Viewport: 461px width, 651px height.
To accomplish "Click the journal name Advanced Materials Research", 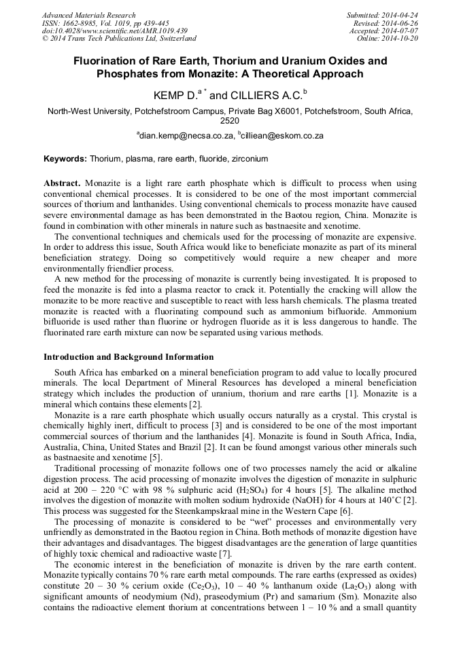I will click(89, 15).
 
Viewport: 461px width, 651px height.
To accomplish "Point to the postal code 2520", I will click(230, 120).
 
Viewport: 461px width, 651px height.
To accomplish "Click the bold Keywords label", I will click(65, 159).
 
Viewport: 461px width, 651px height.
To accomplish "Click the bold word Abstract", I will click(62, 183).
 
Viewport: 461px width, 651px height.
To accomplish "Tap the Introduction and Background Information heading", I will click(129, 356).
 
